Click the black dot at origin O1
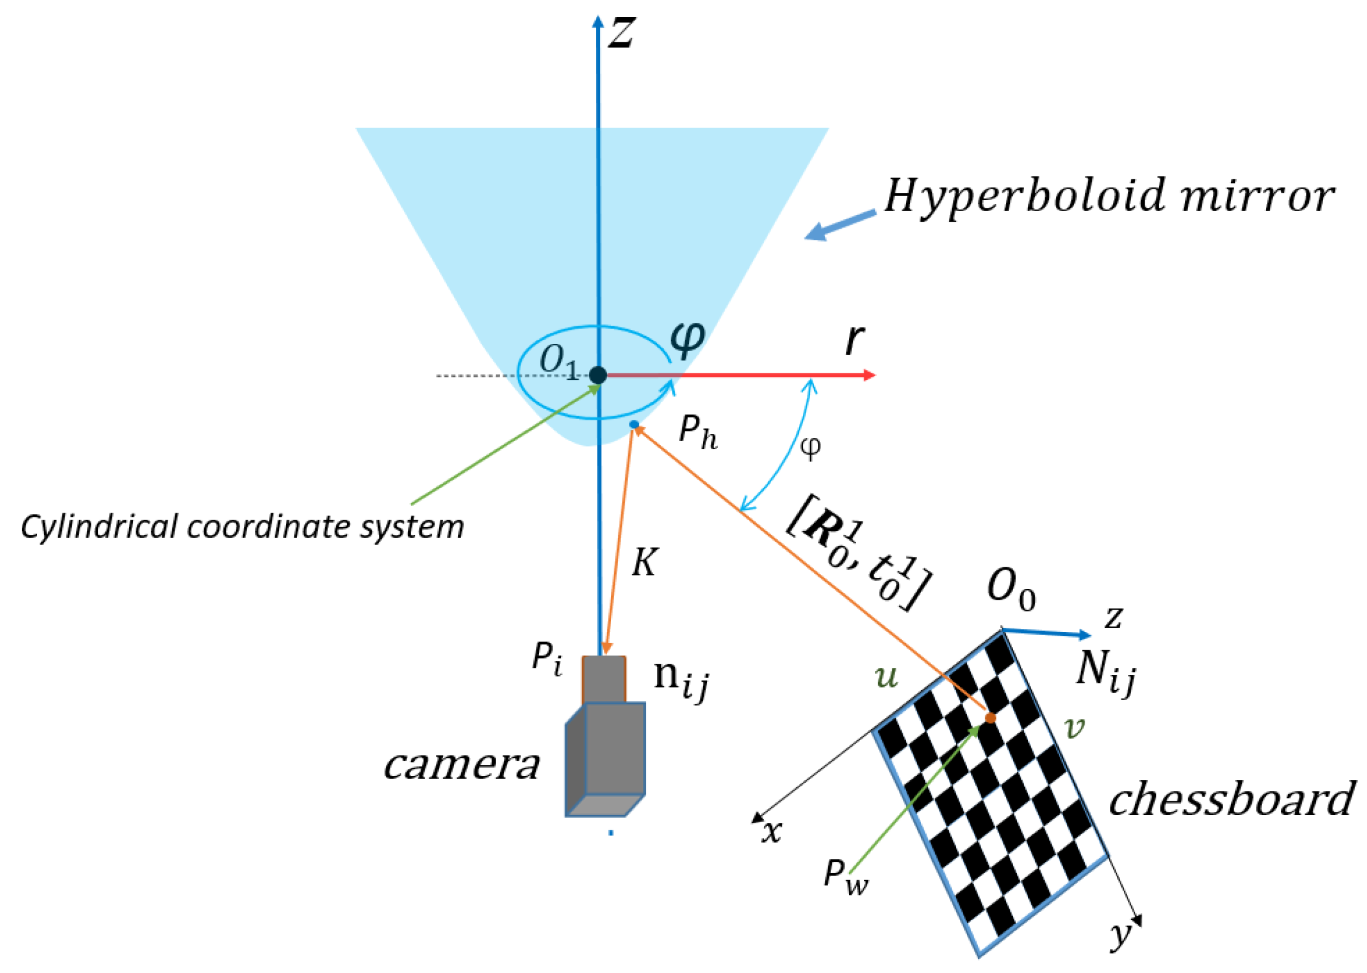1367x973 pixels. pos(598,375)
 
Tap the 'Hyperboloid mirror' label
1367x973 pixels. pos(1109,196)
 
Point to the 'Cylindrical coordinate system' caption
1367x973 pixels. pos(242,527)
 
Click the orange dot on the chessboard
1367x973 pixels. pos(990,718)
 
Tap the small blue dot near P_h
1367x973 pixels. pos(634,425)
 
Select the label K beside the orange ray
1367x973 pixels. pos(644,563)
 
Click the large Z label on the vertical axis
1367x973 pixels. pos(621,32)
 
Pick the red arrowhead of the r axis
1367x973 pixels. pos(868,375)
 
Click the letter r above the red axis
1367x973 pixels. pos(854,340)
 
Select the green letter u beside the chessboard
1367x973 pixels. pos(886,676)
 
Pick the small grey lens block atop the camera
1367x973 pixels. pos(604,679)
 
